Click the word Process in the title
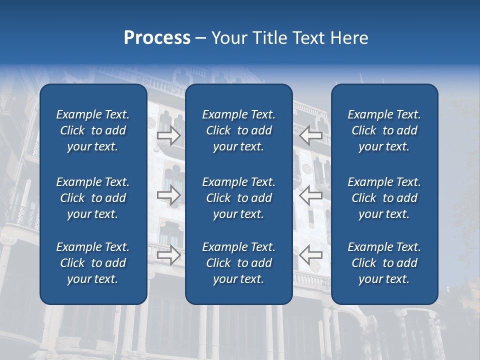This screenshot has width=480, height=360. pyautogui.click(x=157, y=38)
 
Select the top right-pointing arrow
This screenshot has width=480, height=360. pyautogui.click(x=169, y=135)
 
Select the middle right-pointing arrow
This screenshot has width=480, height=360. pyautogui.click(x=169, y=195)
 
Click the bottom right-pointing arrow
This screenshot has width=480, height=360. pyautogui.click(x=169, y=255)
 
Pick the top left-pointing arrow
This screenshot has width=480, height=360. pyautogui.click(x=311, y=135)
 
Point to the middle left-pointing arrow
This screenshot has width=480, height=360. pyautogui.click(x=311, y=195)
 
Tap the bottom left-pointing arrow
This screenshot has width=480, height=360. pyautogui.click(x=311, y=255)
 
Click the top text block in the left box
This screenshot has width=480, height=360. pyautogui.click(x=93, y=130)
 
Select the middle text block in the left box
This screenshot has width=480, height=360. pyautogui.click(x=93, y=198)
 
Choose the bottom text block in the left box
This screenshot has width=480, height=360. pyautogui.click(x=93, y=263)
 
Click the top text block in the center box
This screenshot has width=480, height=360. pyautogui.click(x=238, y=130)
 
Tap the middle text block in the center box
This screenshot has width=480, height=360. pyautogui.click(x=238, y=198)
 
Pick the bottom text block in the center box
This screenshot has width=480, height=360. pyautogui.click(x=238, y=263)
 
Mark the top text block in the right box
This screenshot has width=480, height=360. pyautogui.click(x=384, y=130)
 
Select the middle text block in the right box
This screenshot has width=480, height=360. pyautogui.click(x=384, y=198)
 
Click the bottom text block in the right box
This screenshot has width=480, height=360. pyautogui.click(x=384, y=263)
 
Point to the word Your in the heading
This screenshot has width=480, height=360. pyautogui.click(x=227, y=38)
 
